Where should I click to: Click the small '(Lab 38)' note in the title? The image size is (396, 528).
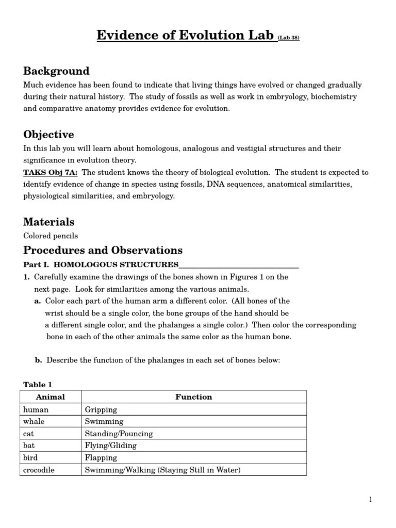[289, 38]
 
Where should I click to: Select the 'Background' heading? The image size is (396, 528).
[56, 71]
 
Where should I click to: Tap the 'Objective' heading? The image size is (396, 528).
[48, 135]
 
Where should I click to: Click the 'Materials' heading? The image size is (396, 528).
[49, 222]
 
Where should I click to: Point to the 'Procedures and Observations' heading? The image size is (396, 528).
[103, 251]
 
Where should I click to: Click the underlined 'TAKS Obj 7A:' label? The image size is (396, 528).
[51, 172]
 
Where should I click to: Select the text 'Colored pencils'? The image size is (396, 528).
[51, 236]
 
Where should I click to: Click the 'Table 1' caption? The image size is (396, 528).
[38, 385]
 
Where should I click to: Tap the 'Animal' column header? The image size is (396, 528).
[51, 397]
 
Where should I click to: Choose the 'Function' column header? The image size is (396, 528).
[193, 397]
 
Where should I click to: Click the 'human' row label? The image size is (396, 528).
[36, 409]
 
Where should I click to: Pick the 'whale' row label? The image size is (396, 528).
[35, 422]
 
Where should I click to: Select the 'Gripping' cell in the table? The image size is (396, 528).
[101, 410]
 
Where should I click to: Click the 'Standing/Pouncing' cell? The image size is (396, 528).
[119, 434]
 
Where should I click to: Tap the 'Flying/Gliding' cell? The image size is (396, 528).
[110, 445]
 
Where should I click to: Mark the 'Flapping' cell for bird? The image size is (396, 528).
[101, 458]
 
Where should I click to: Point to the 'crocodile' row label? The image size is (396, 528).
[39, 470]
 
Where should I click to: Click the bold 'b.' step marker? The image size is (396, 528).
[39, 360]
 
